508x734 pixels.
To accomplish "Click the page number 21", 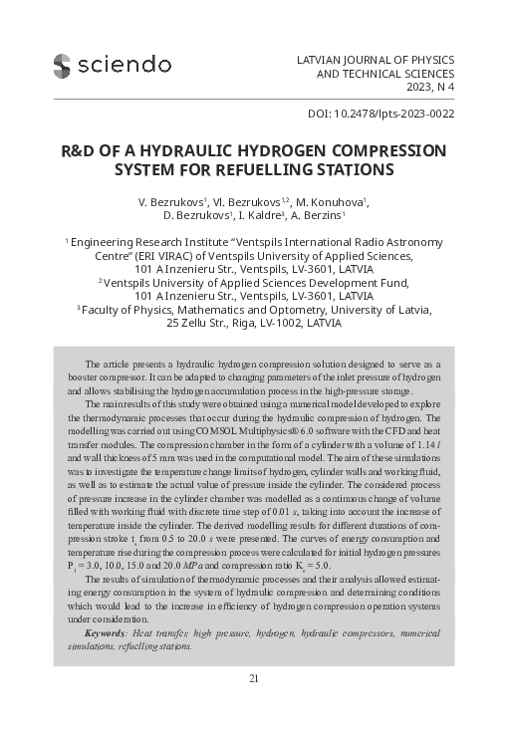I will pyautogui.click(x=254, y=678).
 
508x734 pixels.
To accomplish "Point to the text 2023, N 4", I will pyautogui.click(x=424, y=88).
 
